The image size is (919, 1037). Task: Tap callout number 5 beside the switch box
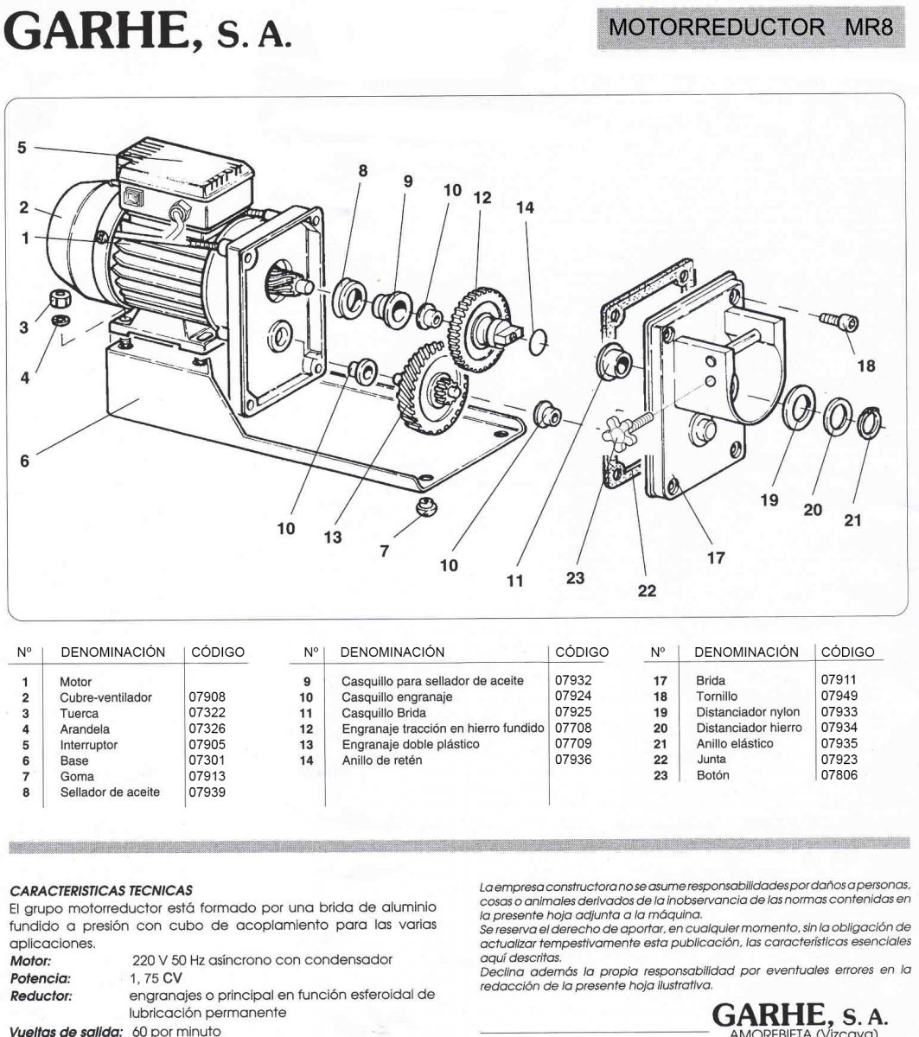coord(22,148)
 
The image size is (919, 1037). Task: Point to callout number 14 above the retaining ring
coord(525,208)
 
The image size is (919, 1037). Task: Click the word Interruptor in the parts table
coord(88,745)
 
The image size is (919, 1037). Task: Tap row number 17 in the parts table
coord(659,681)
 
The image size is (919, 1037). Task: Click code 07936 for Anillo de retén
coord(572,760)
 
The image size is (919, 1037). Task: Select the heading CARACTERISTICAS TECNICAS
coord(99,889)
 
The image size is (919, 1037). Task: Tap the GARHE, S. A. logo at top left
coord(147,32)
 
